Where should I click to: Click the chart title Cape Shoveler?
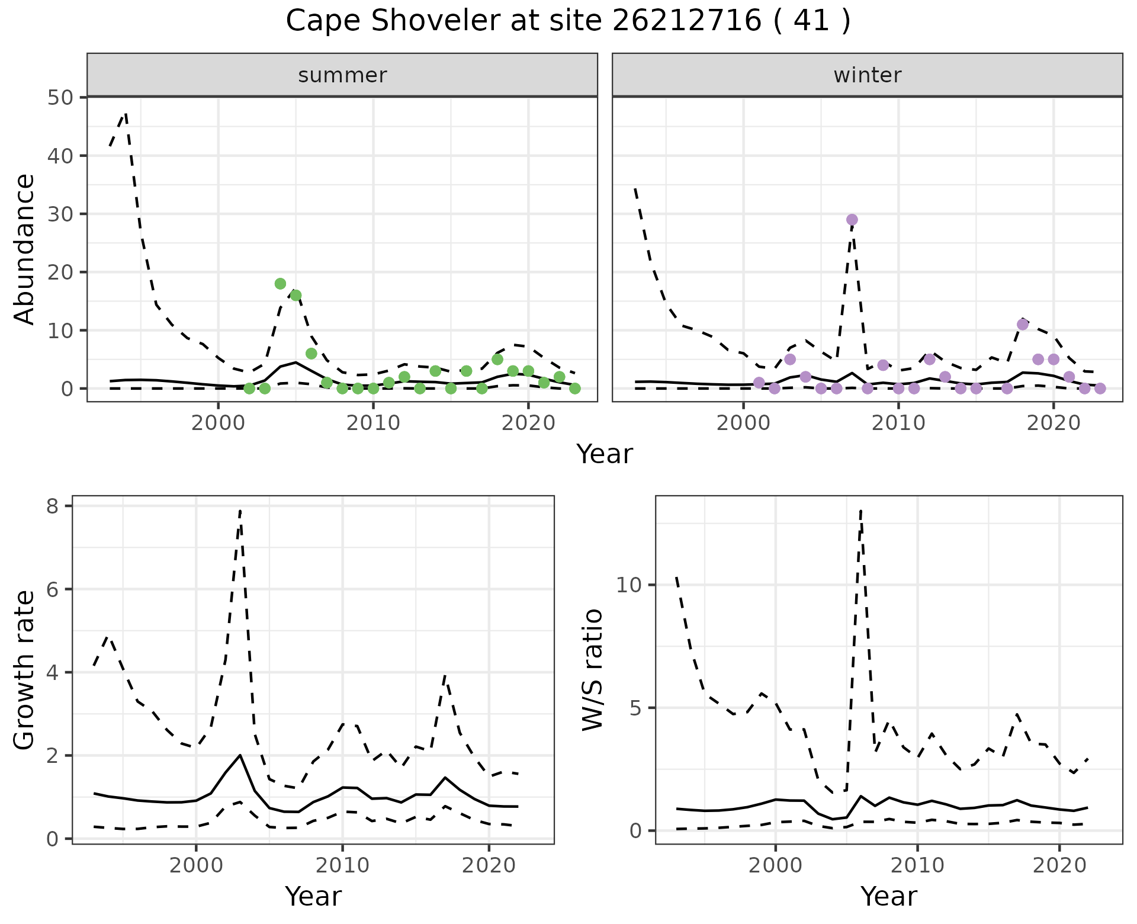tap(568, 21)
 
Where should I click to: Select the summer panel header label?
tap(342, 75)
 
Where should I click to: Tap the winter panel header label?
tap(867, 75)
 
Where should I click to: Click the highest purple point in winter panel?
tap(852, 220)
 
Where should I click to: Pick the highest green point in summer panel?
tap(280, 284)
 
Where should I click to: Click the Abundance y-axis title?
tap(25, 249)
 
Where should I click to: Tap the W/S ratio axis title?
tap(593, 670)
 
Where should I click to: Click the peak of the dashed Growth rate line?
tap(240, 510)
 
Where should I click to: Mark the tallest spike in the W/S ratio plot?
tap(860, 509)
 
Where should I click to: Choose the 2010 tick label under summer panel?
tap(373, 423)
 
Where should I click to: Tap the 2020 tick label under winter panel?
tap(1053, 423)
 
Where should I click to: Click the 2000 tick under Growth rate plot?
tap(195, 865)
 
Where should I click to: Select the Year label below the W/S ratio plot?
tap(888, 896)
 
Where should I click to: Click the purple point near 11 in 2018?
tap(1022, 325)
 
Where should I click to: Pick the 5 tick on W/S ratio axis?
tap(634, 708)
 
